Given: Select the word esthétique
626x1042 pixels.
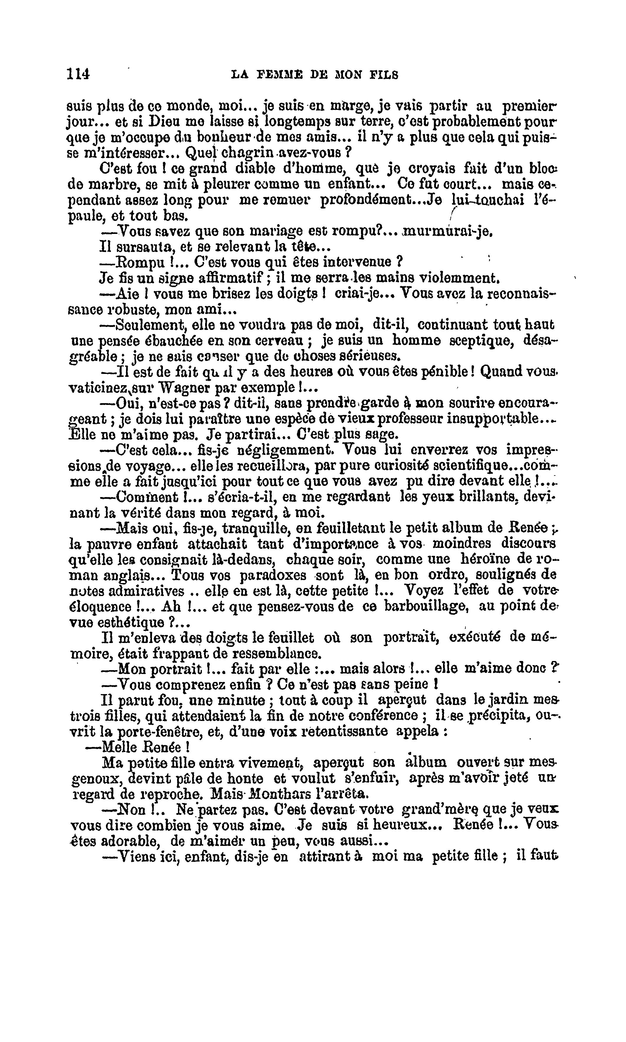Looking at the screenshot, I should click(x=132, y=623).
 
